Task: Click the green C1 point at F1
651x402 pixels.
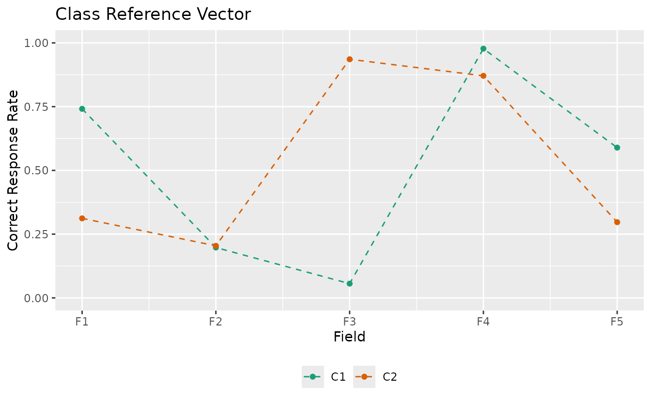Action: [82, 109]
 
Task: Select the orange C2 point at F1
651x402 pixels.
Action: [82, 218]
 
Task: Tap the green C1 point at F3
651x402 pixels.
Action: [350, 283]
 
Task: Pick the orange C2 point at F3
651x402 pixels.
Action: [350, 59]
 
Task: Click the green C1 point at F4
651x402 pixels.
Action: [483, 48]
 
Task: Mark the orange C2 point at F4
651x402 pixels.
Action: [483, 76]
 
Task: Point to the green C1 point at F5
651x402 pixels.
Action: [617, 148]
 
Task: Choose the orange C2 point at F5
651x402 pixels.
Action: [617, 222]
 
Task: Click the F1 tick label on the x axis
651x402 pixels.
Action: [82, 322]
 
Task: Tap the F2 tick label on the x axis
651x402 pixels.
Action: [216, 322]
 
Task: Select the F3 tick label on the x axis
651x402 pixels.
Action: [350, 322]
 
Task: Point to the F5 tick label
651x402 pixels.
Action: [617, 322]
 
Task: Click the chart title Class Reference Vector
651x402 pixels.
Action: [153, 15]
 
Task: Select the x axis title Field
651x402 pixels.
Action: [349, 337]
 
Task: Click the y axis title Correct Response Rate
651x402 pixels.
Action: [14, 170]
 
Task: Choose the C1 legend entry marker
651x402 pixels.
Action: [313, 377]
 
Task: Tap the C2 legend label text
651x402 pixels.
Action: [390, 377]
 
